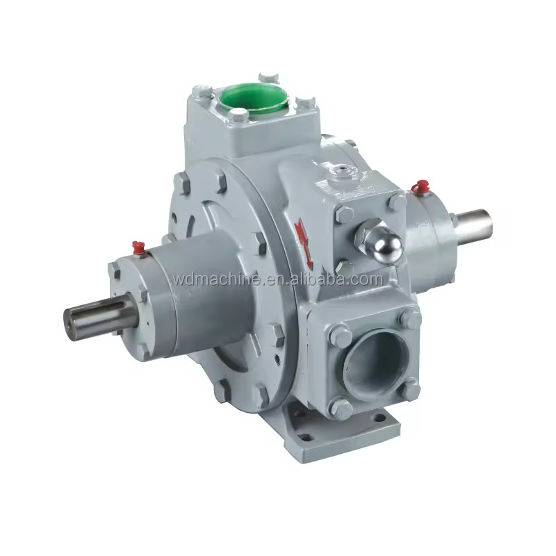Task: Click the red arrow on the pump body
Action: [303, 242]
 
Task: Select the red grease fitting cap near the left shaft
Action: [138, 247]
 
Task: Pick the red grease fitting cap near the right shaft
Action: [420, 186]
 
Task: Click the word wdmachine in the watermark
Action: [219, 279]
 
